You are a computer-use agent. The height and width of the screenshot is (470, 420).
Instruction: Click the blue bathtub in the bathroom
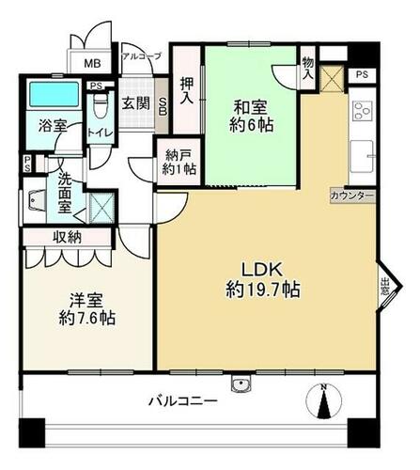pos(54,94)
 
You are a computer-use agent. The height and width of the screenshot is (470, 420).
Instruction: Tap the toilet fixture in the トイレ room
pos(101,105)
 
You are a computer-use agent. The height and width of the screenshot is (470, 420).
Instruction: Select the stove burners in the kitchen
pos(363,111)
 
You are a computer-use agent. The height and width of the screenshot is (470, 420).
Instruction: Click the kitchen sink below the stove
pos(362,156)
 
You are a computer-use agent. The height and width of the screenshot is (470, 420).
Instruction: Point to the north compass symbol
pos(324,401)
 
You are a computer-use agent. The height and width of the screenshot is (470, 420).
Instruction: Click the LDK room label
pos(262,270)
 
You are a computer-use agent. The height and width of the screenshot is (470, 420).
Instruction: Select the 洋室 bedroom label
pos(86,301)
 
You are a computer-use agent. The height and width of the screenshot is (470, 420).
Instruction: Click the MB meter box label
pos(92,64)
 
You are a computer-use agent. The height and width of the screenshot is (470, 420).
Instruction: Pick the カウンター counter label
pos(352,196)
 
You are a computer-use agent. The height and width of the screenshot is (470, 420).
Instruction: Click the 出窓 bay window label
pos(384,287)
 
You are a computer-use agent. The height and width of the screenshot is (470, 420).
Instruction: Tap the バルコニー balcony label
pos(183,400)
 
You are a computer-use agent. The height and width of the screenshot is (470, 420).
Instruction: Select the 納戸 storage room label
pos(179,155)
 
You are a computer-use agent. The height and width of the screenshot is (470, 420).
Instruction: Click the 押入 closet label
pos(187,90)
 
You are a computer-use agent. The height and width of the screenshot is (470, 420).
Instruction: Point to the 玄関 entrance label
pos(136,103)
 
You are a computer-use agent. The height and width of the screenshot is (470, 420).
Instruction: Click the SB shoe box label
pos(163,106)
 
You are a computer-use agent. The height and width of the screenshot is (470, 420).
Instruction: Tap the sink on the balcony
pos(241,384)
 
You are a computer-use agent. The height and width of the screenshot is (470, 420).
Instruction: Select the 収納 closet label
pos(67,237)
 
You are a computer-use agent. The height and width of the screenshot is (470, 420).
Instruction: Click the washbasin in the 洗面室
pos(35,200)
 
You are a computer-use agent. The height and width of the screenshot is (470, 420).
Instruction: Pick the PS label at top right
pos(362,75)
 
